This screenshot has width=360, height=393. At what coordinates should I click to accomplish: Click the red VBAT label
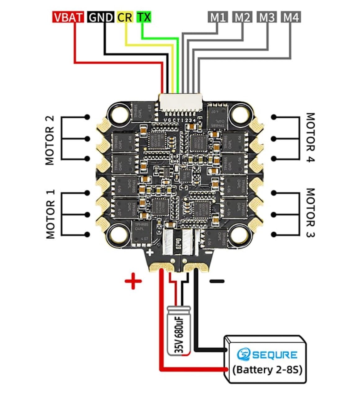[x=68, y=17]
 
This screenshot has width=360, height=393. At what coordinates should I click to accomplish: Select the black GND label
[x=101, y=17]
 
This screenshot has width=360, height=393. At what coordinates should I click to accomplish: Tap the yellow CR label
[x=125, y=17]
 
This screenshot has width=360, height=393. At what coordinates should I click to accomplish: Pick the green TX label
[x=144, y=17]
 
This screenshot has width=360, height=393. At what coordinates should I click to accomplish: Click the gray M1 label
[x=218, y=17]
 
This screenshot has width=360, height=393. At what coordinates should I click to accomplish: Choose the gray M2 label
[x=242, y=17]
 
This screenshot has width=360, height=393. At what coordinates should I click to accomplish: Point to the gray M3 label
[x=267, y=17]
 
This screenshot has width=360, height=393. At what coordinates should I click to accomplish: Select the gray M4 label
[x=291, y=17]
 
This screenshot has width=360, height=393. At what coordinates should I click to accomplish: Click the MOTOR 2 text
[x=50, y=140]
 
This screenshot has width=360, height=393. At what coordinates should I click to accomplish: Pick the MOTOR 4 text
[x=310, y=137]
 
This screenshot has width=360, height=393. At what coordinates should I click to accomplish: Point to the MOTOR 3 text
[x=310, y=213]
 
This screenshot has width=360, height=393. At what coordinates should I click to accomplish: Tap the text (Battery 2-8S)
[x=267, y=370]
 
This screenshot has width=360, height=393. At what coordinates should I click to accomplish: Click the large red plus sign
[x=133, y=281]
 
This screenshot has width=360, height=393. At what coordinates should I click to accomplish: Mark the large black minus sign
[x=217, y=281]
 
